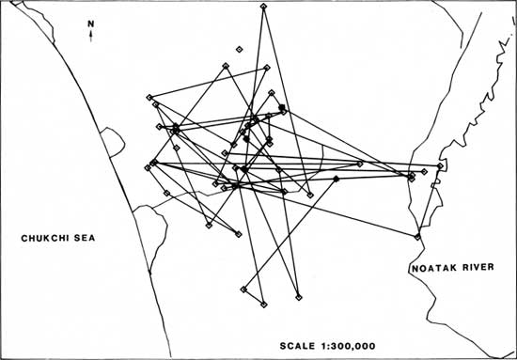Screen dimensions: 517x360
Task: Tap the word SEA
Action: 86,238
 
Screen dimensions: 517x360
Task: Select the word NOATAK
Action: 431,268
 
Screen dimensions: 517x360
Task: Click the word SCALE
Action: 297,346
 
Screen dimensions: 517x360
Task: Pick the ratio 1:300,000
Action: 347,346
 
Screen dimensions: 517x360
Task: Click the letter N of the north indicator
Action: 90,23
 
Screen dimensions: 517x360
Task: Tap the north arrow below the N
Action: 90,36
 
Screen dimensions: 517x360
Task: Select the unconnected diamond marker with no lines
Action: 240,50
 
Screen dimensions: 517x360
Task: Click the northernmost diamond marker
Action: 263,6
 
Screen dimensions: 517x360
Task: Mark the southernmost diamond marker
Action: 264,305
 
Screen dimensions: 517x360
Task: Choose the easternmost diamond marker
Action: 440,165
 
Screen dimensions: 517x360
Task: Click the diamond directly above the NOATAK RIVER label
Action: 417,236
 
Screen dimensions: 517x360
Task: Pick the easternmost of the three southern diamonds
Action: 299,297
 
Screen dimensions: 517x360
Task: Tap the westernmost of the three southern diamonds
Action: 243,290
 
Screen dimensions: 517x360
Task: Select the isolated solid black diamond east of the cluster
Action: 336,179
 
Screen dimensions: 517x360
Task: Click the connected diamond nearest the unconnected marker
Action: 226,66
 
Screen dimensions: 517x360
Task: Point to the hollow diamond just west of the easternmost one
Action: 424,171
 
